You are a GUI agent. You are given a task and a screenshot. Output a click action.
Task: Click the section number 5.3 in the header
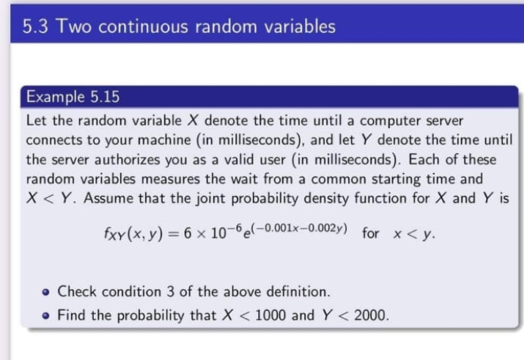tap(35, 26)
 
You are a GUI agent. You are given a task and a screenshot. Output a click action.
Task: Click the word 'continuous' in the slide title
tap(143, 26)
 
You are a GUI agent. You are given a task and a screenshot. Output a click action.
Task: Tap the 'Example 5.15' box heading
tap(73, 97)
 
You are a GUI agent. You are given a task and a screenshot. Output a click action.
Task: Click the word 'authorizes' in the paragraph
tap(128, 159)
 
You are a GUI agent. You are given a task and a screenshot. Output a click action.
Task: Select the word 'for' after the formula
tap(371, 233)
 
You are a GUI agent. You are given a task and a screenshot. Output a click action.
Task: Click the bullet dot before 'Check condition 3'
tap(46, 293)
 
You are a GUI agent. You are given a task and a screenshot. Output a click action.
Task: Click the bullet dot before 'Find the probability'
tap(46, 316)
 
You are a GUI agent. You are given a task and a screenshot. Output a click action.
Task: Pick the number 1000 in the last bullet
tap(270, 315)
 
